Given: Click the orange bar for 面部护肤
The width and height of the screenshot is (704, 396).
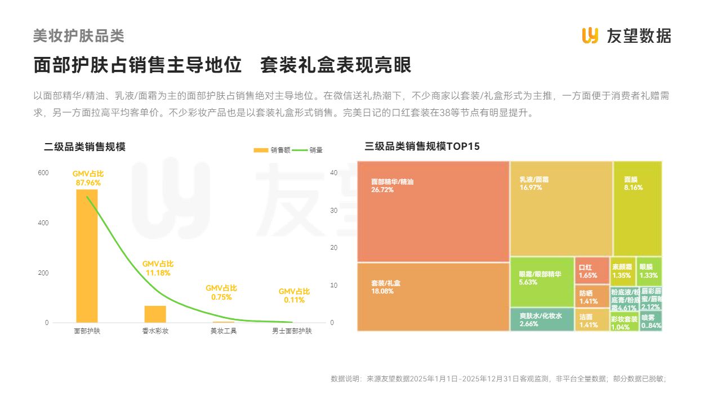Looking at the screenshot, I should click(x=87, y=256).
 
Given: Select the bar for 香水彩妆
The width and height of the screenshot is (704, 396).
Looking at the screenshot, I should click(x=155, y=314).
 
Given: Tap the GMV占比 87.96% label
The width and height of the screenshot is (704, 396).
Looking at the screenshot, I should click(x=87, y=179).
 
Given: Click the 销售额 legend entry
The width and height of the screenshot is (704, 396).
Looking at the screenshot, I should click(x=272, y=150).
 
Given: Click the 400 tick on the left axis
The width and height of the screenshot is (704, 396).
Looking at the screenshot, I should click(x=43, y=223).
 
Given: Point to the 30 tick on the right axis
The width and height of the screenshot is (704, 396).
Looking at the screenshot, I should click(x=333, y=211).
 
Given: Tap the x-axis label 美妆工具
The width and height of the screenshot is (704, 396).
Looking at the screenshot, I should click(x=224, y=331).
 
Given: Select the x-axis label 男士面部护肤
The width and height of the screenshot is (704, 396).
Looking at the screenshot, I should click(x=292, y=331).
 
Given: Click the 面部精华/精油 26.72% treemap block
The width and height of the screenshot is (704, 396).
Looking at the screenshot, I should click(x=433, y=211).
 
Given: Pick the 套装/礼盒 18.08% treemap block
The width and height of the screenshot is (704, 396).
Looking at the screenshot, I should click(x=433, y=297).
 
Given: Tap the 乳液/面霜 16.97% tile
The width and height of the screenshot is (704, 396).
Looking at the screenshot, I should click(x=561, y=208).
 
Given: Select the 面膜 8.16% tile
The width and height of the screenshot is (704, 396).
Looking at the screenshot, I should click(x=637, y=208).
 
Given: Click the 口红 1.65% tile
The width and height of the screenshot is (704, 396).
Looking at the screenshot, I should click(x=592, y=270).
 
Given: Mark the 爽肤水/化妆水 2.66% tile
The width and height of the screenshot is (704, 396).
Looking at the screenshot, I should click(x=542, y=319).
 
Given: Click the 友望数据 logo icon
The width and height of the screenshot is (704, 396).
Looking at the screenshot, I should click(x=590, y=35).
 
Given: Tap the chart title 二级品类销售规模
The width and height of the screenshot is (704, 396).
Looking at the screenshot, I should click(x=84, y=147).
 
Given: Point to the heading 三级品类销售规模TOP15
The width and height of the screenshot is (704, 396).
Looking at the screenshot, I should click(x=422, y=147).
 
